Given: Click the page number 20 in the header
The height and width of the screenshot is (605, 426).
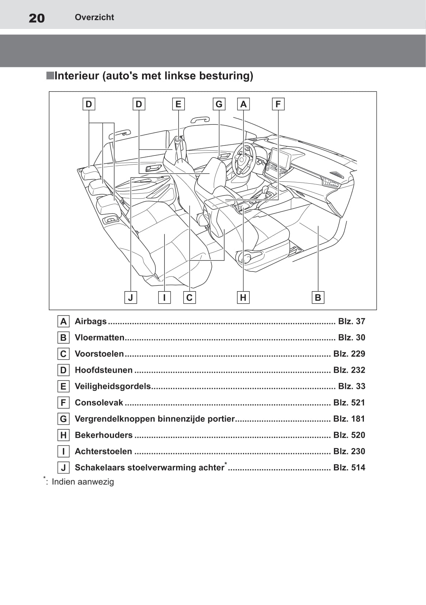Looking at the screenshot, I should (37, 18).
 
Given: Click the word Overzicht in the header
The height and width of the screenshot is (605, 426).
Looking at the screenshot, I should (94, 17).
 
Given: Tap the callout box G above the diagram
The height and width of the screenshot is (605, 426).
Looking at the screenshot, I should (219, 104).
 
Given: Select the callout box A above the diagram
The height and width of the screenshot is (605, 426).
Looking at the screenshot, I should (243, 104).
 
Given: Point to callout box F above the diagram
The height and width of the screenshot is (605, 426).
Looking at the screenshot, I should (278, 104).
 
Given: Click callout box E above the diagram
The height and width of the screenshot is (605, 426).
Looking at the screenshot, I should (178, 104).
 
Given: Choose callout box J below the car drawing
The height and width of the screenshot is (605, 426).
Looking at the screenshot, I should (130, 297).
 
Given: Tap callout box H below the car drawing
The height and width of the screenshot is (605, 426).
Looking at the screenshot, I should (243, 297).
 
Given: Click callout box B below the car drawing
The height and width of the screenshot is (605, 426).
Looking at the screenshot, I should (318, 297).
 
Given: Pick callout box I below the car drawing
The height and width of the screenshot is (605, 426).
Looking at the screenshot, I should (164, 297).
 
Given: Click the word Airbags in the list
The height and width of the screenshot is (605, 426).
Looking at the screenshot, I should (91, 321).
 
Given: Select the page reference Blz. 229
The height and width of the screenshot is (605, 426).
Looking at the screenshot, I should (349, 354).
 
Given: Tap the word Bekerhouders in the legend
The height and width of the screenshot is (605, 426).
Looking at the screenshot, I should (104, 435).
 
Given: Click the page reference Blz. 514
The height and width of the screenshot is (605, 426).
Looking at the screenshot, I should (349, 467).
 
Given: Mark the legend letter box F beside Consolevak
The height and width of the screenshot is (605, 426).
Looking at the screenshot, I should (64, 403).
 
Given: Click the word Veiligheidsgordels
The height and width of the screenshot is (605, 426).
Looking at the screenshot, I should (113, 386).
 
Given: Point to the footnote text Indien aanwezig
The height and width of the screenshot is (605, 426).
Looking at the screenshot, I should (83, 482).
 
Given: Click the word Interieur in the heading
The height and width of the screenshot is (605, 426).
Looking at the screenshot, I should (77, 76).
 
